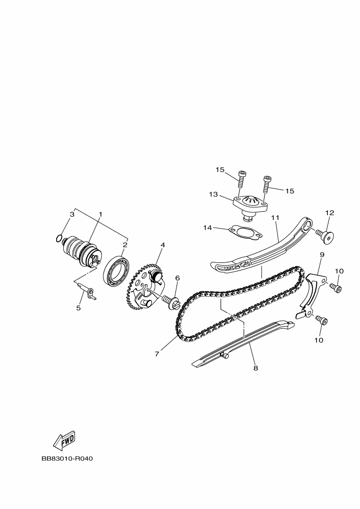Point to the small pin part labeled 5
87,291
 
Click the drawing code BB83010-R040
67,459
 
